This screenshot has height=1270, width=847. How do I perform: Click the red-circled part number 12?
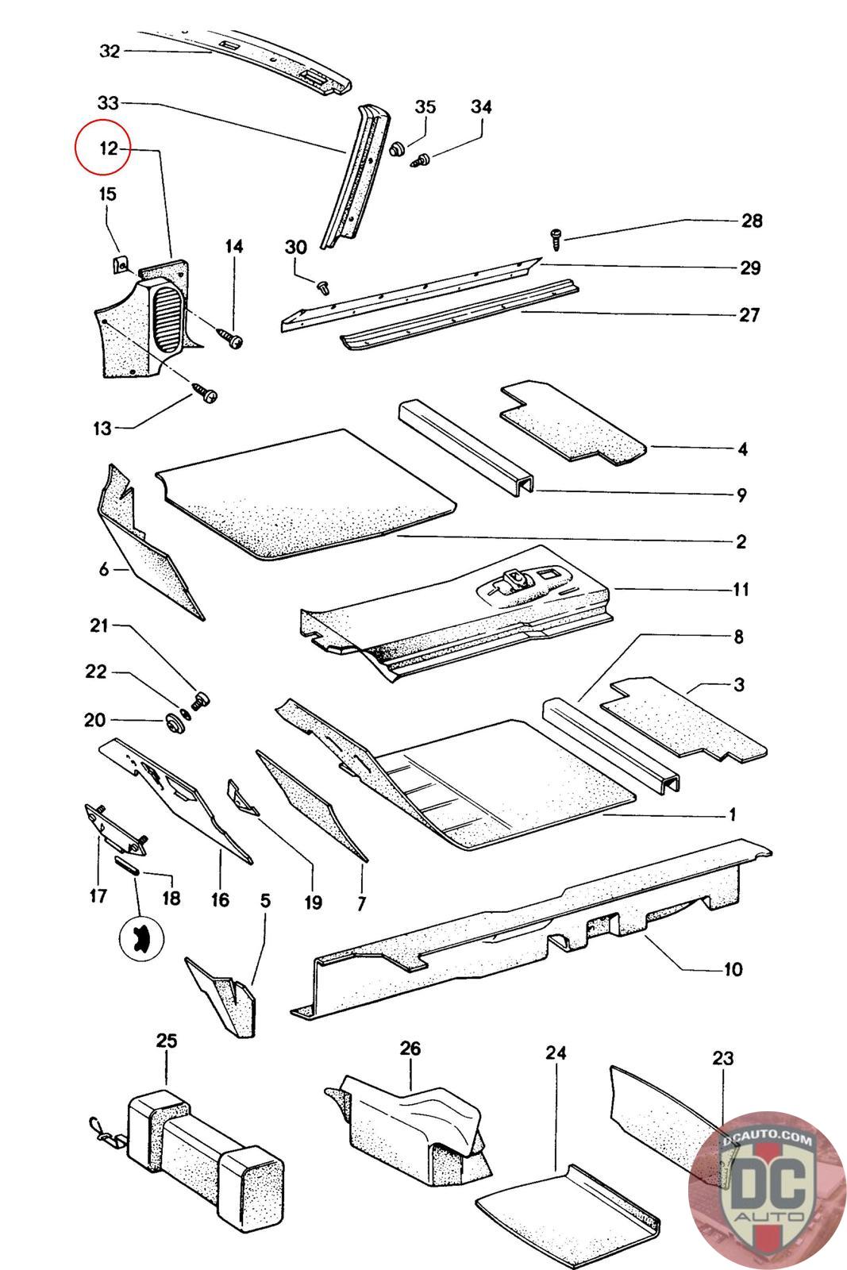coord(108,148)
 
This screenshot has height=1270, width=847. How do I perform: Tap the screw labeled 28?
coord(556,239)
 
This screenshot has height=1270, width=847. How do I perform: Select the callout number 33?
coord(108,102)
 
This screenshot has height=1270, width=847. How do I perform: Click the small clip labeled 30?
coord(324,287)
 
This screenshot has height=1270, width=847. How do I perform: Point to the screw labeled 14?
coord(229,338)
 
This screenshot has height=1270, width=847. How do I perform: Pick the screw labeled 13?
coord(206,392)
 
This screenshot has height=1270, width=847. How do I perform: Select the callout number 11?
coord(741,589)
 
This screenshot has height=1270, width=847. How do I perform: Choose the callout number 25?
coord(166,1041)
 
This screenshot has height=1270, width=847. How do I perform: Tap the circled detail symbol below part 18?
coord(141,938)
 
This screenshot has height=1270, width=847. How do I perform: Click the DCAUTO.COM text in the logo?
coord(767,1138)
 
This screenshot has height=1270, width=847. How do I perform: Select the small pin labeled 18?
coord(125,867)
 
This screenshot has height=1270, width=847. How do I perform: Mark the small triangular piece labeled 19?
coord(243,798)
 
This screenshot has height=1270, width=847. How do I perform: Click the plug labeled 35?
coord(398,150)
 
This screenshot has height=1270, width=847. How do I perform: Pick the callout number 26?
coord(410,1048)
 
